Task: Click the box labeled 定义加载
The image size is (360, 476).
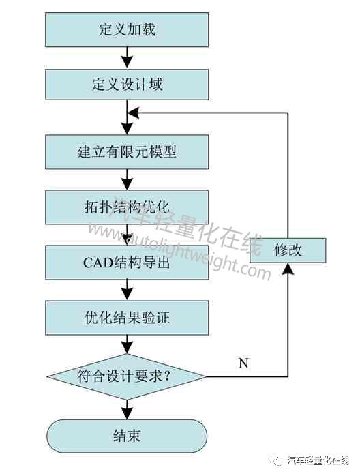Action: point(127,29)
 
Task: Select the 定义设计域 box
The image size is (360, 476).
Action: point(127,85)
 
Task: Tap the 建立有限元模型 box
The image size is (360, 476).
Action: point(127,152)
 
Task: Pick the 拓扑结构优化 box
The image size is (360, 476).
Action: point(127,207)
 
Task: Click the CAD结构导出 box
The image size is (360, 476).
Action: point(127,263)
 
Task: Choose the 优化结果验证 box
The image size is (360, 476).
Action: point(127,318)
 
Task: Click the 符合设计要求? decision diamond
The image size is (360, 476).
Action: point(127,376)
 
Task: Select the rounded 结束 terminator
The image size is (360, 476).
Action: point(127,436)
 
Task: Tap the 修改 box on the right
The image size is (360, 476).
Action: point(288,250)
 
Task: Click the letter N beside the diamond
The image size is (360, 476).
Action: point(243,363)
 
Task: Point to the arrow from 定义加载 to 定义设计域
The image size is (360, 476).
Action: point(127,58)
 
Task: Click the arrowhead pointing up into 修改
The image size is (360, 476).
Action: point(288,269)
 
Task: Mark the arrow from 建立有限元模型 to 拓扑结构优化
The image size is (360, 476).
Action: point(127,180)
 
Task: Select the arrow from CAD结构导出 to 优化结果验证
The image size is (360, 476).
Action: point(127,291)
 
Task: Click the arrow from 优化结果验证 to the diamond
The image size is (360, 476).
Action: point(127,344)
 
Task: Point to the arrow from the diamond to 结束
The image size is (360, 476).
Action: point(127,410)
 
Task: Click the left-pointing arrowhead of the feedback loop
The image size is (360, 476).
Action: point(133,113)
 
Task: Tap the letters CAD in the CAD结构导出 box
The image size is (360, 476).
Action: point(97,263)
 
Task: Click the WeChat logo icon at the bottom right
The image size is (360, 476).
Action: point(277,461)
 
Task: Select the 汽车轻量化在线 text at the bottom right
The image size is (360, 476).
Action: point(318,461)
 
